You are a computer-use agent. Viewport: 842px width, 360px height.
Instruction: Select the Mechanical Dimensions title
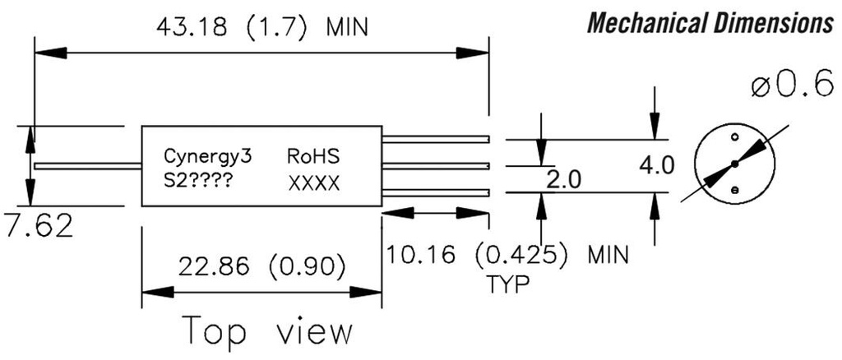tap(710, 23)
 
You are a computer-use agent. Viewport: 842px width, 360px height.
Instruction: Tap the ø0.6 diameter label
tap(792, 85)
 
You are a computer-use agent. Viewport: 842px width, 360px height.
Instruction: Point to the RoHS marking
tap(313, 155)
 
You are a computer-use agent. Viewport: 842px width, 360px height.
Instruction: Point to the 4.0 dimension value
tap(656, 165)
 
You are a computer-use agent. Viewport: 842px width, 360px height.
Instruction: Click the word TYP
tap(507, 284)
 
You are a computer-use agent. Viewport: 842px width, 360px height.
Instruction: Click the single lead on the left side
tap(86, 167)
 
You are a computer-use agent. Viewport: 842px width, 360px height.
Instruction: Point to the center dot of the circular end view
tap(734, 164)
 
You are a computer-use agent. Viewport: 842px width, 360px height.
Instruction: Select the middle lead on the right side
tap(436, 166)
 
